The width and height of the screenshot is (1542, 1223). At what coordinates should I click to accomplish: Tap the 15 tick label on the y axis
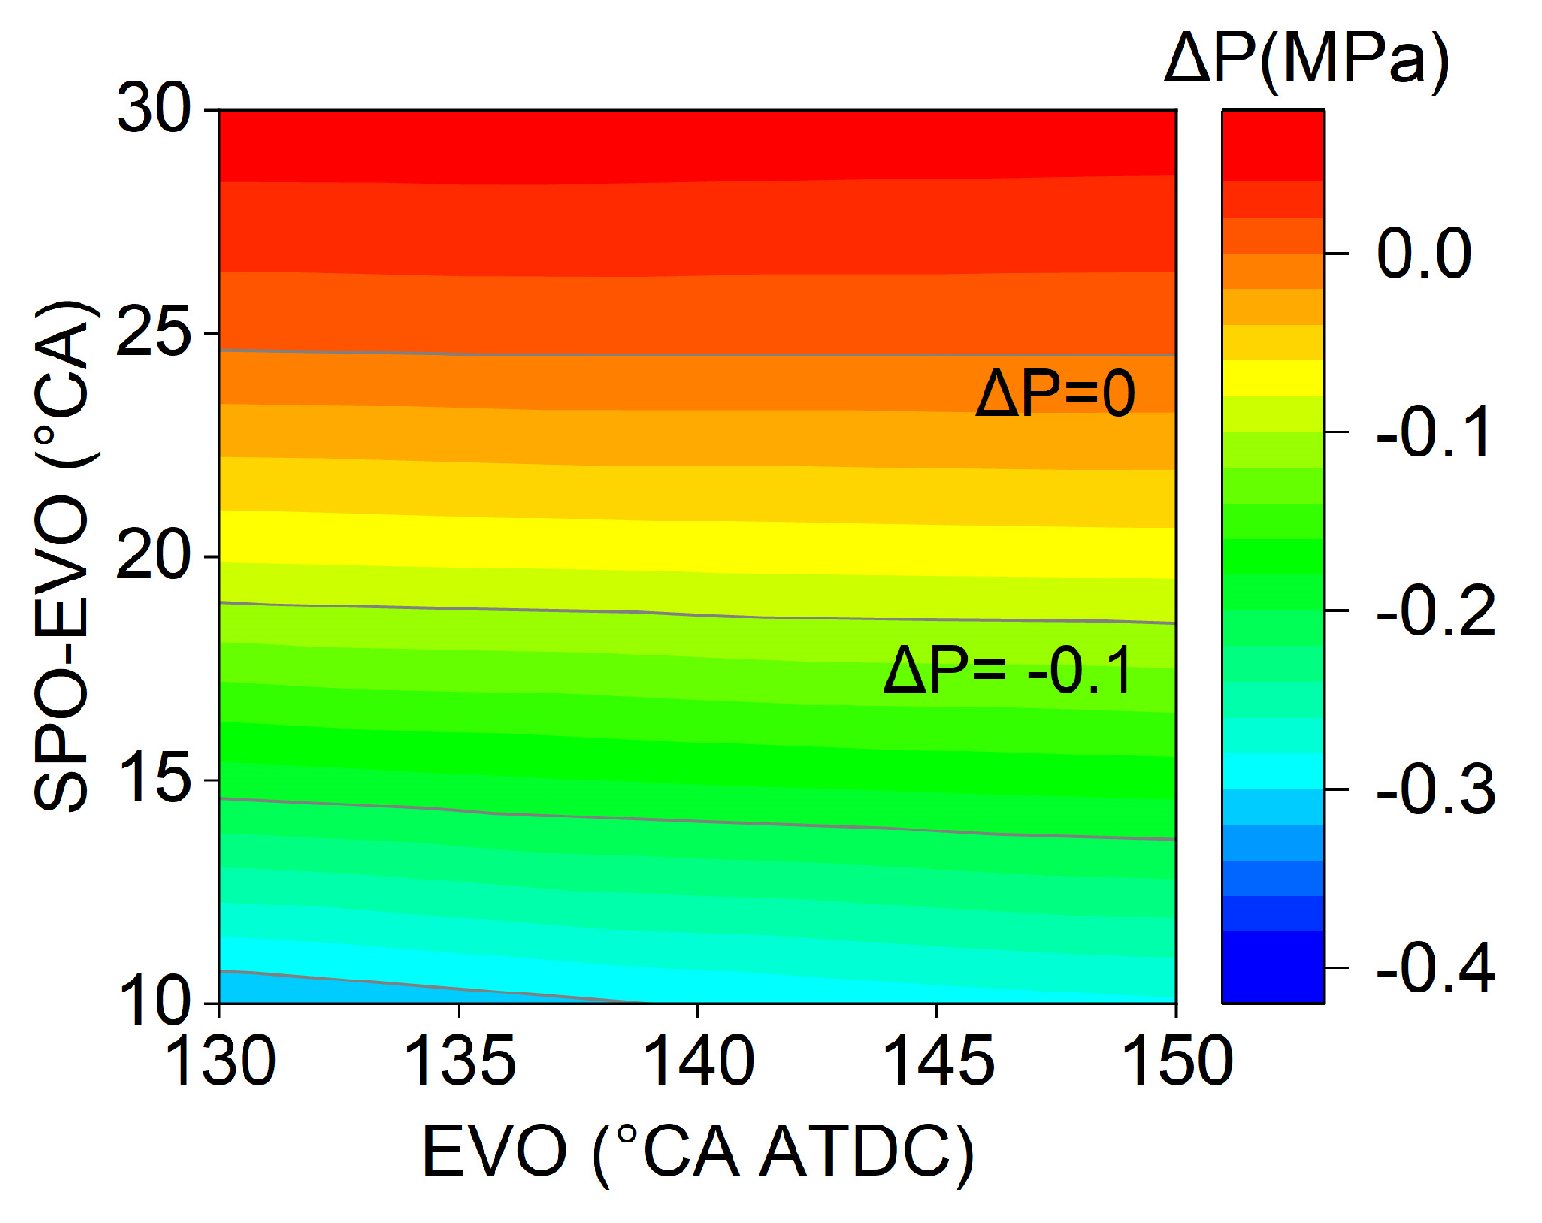153,780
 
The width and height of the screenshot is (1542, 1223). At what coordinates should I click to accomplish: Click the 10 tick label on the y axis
153,1001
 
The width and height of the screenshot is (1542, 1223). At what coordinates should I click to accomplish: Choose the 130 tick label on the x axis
219,1061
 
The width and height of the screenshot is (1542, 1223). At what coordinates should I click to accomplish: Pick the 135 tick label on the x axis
459,1061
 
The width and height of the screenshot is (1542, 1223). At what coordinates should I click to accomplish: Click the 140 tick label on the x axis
698,1061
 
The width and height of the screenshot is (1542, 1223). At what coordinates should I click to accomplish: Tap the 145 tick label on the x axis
938,1061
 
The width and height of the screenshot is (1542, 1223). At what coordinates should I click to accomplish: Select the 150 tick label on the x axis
1177,1061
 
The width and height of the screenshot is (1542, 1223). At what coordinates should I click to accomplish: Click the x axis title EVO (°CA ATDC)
698,1153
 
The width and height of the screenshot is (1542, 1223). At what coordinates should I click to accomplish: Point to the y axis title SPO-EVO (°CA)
63,555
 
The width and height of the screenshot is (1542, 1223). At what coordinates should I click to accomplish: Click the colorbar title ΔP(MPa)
1306,59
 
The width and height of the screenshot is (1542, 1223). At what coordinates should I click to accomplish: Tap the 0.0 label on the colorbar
1423,253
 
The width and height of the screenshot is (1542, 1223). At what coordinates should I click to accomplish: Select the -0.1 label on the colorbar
1435,432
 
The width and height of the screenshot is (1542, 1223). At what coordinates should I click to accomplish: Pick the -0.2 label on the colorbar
1435,611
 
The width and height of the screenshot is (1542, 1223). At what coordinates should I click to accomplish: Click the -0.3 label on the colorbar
1435,790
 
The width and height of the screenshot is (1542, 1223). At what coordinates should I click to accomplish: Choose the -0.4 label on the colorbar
1435,968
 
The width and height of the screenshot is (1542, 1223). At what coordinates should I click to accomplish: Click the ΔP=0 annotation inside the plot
1055,393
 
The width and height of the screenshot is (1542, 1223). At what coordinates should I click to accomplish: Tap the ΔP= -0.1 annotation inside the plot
1009,670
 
